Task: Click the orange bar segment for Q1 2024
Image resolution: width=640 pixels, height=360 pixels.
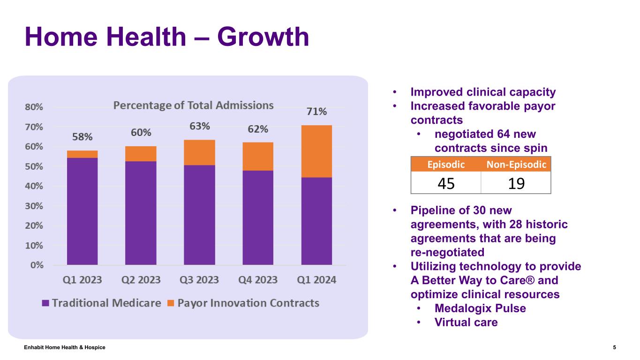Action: (316, 151)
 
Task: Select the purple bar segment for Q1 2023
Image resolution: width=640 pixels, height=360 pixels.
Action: (83, 211)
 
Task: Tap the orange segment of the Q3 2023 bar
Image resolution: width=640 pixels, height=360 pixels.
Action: (199, 152)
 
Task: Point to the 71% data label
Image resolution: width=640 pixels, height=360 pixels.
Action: (316, 112)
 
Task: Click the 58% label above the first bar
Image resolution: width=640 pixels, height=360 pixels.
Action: (83, 137)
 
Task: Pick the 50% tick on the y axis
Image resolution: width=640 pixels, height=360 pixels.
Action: (34, 166)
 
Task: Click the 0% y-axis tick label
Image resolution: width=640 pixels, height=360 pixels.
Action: (37, 265)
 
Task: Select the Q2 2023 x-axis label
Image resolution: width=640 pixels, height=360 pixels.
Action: (141, 280)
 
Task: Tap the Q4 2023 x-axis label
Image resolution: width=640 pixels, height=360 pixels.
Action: (258, 280)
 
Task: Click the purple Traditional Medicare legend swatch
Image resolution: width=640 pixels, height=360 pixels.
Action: (45, 303)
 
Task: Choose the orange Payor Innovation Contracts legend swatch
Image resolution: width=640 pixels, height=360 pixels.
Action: (171, 303)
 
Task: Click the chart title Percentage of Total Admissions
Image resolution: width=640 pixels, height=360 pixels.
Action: (194, 105)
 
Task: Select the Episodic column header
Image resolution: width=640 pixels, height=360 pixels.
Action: (446, 164)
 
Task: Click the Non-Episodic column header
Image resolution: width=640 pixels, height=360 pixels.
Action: (516, 164)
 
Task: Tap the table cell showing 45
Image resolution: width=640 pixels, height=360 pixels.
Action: (446, 183)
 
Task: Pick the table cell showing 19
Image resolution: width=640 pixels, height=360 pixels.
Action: (516, 183)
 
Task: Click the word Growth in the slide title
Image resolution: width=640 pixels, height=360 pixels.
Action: (263, 37)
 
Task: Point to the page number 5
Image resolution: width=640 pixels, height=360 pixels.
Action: (614, 347)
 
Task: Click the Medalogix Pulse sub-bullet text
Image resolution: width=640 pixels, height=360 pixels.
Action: (480, 308)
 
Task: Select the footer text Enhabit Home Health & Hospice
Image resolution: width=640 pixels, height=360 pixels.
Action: (65, 347)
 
